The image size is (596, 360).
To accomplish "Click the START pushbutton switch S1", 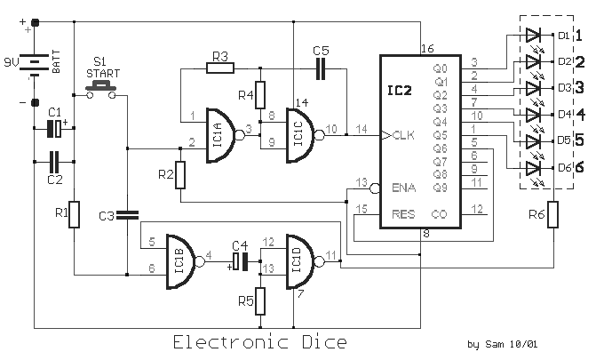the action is click(100, 90).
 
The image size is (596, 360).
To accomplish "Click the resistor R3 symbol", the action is click(220, 68).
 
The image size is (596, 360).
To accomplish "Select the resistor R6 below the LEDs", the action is click(553, 214).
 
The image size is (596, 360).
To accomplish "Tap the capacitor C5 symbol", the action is click(321, 68).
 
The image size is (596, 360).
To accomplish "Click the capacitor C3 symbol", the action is click(127, 215).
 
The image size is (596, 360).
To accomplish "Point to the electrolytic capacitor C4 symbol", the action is click(240, 261).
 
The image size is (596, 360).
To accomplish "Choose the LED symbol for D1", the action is click(533, 35).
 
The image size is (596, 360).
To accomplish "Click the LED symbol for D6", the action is click(533, 168).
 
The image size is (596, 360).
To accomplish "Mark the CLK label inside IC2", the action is click(403, 135).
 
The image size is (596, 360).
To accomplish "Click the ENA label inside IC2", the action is click(403, 188).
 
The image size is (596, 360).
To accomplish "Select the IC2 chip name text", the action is click(399, 91).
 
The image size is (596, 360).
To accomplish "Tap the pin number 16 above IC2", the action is click(427, 49).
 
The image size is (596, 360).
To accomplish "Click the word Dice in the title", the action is click(324, 342).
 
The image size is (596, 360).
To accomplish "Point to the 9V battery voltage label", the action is click(12, 61).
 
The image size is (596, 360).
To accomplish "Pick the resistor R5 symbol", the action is click(260, 301).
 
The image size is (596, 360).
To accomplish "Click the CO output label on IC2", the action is click(439, 214).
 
